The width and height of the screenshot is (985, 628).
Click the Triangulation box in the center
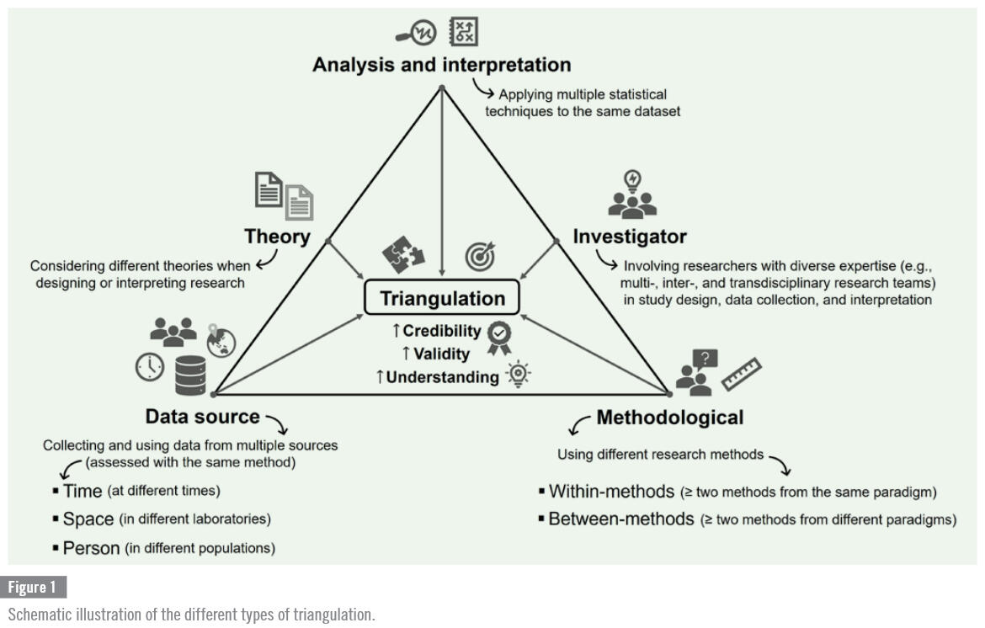(441, 299)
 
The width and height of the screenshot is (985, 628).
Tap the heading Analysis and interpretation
(441, 65)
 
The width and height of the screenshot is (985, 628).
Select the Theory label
(277, 237)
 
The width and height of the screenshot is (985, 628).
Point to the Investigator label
(630, 237)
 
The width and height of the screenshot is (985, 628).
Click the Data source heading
(203, 416)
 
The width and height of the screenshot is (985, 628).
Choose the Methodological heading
(669, 417)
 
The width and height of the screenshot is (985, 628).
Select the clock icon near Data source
(150, 366)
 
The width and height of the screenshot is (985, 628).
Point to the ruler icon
(742, 373)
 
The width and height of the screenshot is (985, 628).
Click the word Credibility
(441, 331)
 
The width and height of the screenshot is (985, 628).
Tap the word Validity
(441, 354)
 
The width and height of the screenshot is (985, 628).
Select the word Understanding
(442, 377)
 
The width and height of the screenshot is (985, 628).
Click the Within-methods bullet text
(613, 492)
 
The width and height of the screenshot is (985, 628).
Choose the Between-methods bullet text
(621, 519)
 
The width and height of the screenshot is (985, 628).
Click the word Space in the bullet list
(88, 519)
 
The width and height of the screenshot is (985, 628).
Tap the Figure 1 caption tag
(37, 587)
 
